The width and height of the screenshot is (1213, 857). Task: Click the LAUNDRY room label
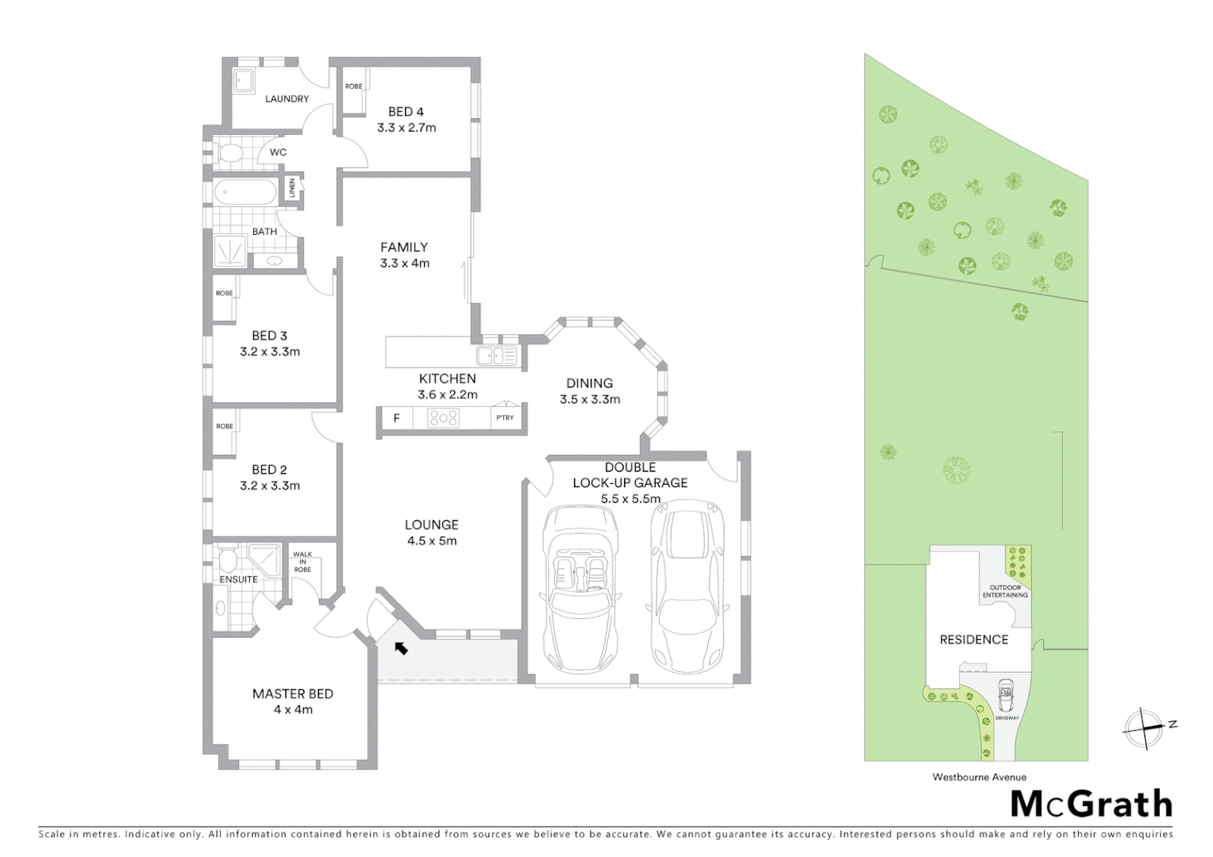coord(287,99)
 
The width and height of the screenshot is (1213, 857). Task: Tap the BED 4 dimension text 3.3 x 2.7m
coord(406,128)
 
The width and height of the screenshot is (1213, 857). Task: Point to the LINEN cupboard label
coord(292,188)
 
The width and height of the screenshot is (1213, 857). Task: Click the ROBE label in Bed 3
coord(225,293)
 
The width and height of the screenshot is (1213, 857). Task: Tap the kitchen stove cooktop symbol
coord(443,417)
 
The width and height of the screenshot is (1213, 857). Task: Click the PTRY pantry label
coord(505,417)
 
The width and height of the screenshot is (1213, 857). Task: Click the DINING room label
coord(589,383)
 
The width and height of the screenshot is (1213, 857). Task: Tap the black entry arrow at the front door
coord(401,648)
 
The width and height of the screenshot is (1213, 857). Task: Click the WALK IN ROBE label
coord(302,562)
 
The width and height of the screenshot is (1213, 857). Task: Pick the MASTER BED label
coord(292,694)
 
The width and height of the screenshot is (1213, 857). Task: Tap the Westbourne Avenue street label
coord(979,778)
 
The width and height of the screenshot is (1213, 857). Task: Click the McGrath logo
coord(1091,804)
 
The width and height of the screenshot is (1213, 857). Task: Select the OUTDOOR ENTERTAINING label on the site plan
coord(1005,591)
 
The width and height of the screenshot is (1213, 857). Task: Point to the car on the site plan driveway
coord(1006,696)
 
